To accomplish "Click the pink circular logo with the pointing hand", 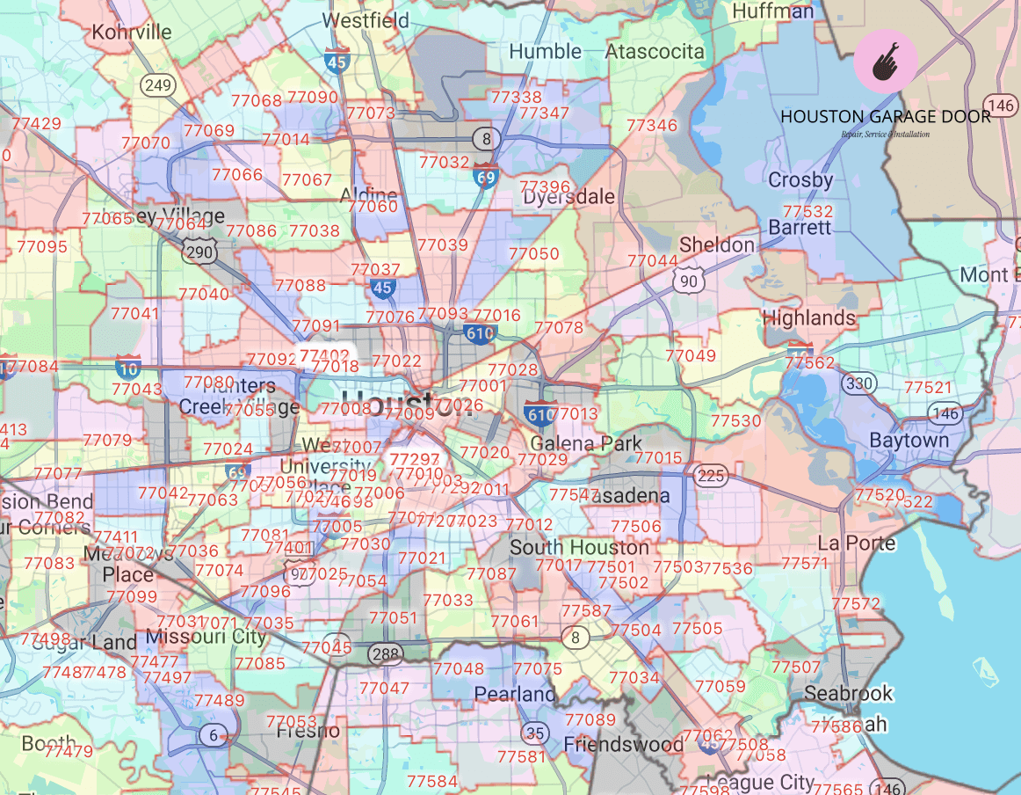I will click(886, 61).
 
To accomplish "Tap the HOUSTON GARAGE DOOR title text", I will click(886, 117).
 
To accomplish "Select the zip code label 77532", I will click(807, 211).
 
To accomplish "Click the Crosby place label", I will click(800, 180).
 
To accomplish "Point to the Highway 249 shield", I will click(158, 85).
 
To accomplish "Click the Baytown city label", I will click(909, 440).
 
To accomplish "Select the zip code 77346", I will click(652, 126).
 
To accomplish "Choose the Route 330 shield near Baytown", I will click(857, 383).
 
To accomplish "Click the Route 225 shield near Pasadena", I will click(709, 476).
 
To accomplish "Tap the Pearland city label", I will click(515, 694).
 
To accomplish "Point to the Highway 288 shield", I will click(386, 653).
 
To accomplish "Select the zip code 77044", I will click(653, 261).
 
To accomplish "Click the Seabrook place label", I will click(848, 693).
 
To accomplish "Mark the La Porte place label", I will click(856, 543).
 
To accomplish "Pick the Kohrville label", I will click(132, 33).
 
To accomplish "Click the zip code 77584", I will click(432, 780).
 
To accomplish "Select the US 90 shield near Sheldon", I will click(686, 281).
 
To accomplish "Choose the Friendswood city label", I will click(623, 745).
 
